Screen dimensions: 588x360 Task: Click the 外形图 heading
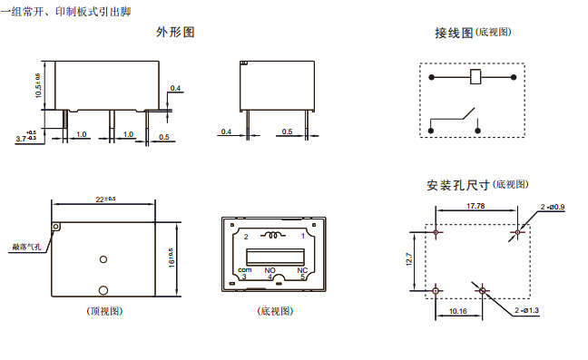[x=175, y=33]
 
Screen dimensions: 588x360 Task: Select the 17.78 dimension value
[x=475, y=206]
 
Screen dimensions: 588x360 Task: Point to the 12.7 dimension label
[x=408, y=259]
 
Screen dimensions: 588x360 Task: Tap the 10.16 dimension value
[x=458, y=311]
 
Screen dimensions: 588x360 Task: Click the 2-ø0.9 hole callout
[x=553, y=207]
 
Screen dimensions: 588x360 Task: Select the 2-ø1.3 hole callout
[x=526, y=310]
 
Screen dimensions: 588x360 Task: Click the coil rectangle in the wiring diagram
[x=475, y=77]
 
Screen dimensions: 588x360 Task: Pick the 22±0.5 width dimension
[x=106, y=199]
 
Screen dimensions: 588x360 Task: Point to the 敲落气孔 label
[x=26, y=247]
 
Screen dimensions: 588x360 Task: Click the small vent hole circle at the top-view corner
[x=56, y=227]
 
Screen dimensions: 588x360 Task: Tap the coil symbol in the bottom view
[x=274, y=235]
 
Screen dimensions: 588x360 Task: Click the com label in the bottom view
[x=244, y=269]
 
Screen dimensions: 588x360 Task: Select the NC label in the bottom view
[x=302, y=270]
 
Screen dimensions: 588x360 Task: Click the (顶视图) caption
[x=104, y=311]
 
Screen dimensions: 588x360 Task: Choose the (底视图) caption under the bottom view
[x=275, y=311]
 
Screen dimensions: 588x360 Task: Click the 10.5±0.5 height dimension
[x=38, y=85]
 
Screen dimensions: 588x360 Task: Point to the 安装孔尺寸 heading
[x=458, y=185]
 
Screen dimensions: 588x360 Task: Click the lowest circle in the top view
[x=103, y=290]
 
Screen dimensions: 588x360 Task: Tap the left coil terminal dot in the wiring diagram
[x=432, y=77]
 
